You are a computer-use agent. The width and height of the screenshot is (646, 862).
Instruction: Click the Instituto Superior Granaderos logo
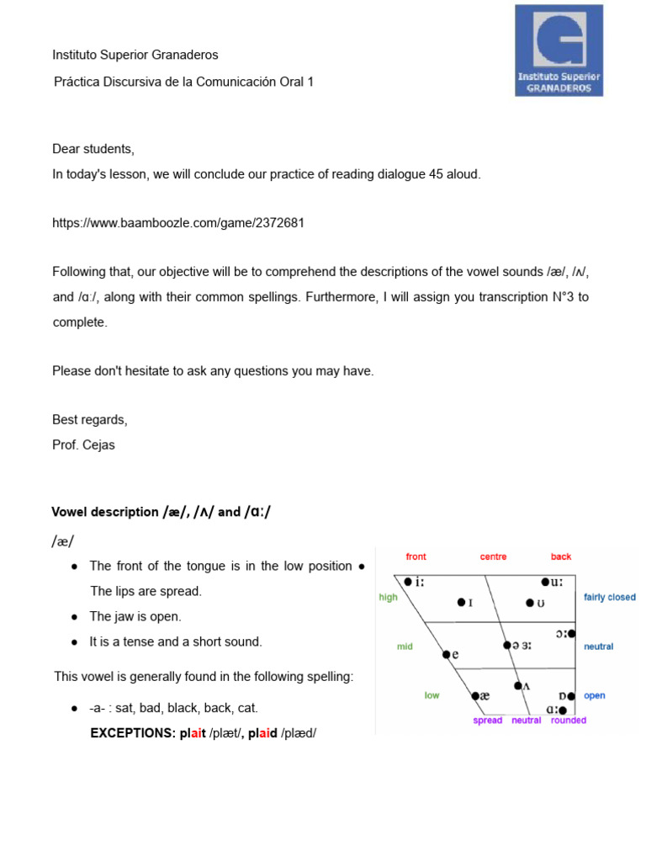(x=559, y=50)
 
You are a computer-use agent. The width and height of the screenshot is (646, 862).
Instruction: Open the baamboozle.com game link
(x=178, y=223)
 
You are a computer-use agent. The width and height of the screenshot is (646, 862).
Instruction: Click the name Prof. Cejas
(x=83, y=445)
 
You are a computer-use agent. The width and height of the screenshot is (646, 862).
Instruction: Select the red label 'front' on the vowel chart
(x=416, y=556)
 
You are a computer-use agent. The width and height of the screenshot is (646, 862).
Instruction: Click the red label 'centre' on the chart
(x=493, y=556)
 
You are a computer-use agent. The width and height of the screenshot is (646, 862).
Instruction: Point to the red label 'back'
(x=561, y=556)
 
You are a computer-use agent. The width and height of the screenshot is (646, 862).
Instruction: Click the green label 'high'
(x=388, y=597)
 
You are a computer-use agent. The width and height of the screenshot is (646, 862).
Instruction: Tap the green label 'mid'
(x=405, y=646)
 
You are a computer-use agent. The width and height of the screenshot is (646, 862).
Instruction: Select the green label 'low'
(x=432, y=695)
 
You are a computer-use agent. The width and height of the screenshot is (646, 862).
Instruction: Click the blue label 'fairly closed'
(x=610, y=597)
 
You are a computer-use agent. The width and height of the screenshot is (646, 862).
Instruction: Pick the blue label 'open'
(x=595, y=695)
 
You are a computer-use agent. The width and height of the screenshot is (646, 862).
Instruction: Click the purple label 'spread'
(x=488, y=721)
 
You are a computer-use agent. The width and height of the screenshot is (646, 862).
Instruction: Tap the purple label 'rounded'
(x=569, y=721)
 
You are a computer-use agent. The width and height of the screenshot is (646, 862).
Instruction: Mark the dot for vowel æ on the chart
(x=474, y=696)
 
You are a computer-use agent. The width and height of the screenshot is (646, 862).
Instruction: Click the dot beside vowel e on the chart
(x=446, y=653)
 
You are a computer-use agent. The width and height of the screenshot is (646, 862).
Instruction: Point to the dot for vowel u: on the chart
(x=545, y=582)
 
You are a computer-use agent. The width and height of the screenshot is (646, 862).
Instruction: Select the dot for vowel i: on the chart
(x=408, y=582)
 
